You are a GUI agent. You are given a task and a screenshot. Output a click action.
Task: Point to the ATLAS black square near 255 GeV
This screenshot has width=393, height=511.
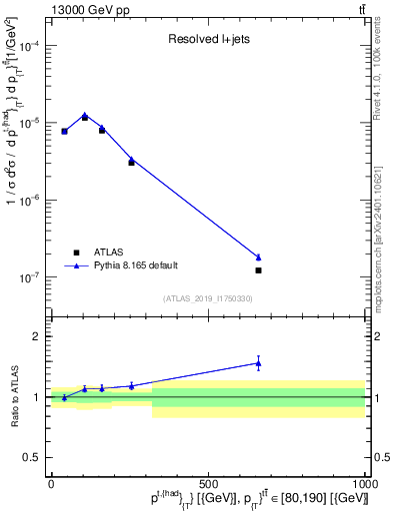coord(131,162)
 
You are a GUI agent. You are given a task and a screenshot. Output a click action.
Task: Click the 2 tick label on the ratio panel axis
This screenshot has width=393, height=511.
coord(35,336)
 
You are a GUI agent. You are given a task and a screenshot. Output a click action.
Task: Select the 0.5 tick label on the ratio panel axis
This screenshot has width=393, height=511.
coord(31,458)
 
